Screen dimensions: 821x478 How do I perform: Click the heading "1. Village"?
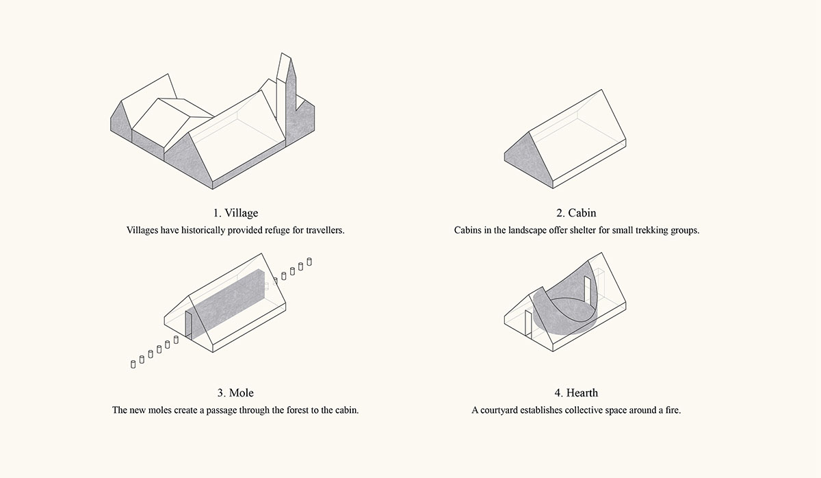pyautogui.click(x=235, y=213)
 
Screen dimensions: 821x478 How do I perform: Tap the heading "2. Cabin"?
pyautogui.click(x=576, y=213)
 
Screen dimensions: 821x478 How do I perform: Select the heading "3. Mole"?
pyautogui.click(x=235, y=393)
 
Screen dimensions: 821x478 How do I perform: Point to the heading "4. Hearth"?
pyautogui.click(x=576, y=393)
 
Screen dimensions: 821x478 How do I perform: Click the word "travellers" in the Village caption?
pyautogui.click(x=325, y=230)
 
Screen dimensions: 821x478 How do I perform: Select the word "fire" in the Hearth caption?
pyautogui.click(x=673, y=410)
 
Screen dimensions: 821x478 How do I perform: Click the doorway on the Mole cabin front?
pyautogui.click(x=188, y=324)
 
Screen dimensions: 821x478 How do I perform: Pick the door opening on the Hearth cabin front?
pyautogui.click(x=528, y=323)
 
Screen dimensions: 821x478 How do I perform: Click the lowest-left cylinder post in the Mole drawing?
pyautogui.click(x=133, y=364)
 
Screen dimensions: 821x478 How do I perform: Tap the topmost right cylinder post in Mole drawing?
pyautogui.click(x=309, y=262)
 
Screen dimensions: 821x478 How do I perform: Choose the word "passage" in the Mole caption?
pyautogui.click(x=222, y=410)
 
